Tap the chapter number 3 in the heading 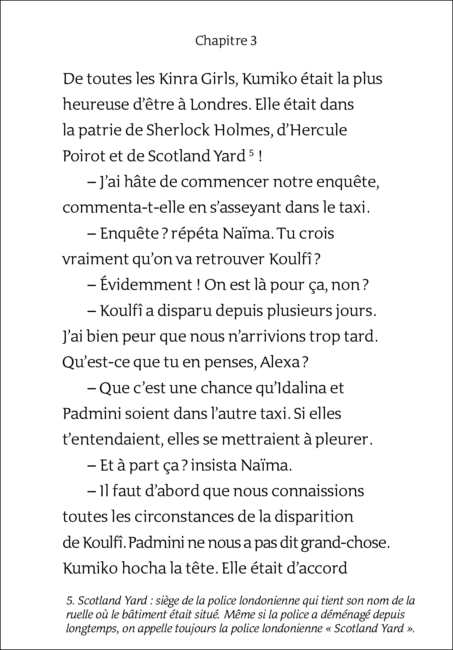253,41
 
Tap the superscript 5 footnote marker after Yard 251,153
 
